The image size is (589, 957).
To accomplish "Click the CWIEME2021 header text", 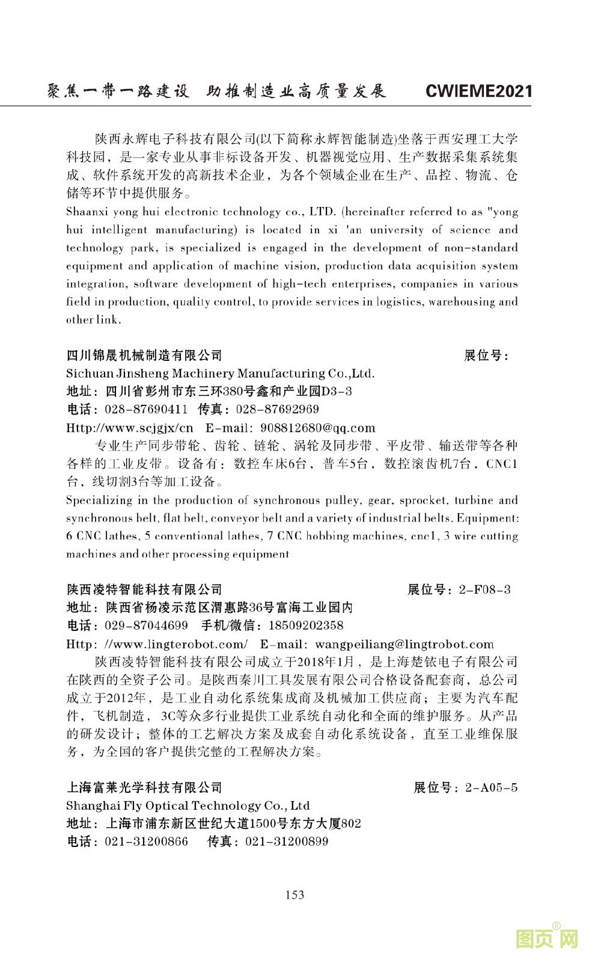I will pyautogui.click(x=478, y=91).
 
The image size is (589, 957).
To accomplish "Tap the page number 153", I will pyautogui.click(x=294, y=894).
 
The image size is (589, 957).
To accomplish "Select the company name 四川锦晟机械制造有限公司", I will pyautogui.click(x=144, y=355).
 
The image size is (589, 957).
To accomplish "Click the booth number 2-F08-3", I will pyautogui.click(x=484, y=589).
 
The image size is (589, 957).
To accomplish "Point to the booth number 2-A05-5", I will pyautogui.click(x=491, y=787).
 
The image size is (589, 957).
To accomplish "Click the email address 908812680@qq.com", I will pyautogui.click(x=317, y=428).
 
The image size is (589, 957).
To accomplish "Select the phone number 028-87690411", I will pyautogui.click(x=146, y=410).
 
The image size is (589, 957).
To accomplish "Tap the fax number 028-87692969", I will pyautogui.click(x=278, y=410).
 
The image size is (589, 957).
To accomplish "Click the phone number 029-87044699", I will pyautogui.click(x=146, y=626).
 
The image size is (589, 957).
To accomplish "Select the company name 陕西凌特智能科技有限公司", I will pyautogui.click(x=144, y=589).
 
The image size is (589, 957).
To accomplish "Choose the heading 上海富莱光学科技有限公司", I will pyautogui.click(x=144, y=787).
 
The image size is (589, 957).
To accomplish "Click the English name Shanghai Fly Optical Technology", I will pyautogui.click(x=174, y=805).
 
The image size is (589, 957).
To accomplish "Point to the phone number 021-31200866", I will pyautogui.click(x=146, y=842).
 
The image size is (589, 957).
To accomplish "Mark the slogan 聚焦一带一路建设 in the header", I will pyautogui.click(x=118, y=91).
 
